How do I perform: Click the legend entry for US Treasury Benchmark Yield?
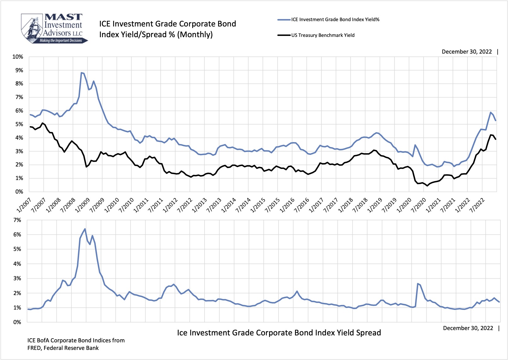(x=322, y=35)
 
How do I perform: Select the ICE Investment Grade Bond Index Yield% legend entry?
(x=335, y=20)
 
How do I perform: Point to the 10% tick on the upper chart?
(x=18, y=57)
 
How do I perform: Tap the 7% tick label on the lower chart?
(x=17, y=220)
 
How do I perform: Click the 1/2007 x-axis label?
(x=24, y=205)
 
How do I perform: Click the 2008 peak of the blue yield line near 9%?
(x=82, y=73)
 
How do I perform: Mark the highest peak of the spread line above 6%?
(x=85, y=229)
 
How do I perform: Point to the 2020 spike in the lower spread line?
(x=418, y=284)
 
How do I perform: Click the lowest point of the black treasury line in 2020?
(x=427, y=186)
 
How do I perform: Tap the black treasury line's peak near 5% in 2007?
(x=42, y=123)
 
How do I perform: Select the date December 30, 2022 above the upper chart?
(x=466, y=52)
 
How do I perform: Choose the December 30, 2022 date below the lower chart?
(x=468, y=328)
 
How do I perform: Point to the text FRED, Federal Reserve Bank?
(x=63, y=348)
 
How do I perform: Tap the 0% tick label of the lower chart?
(x=17, y=322)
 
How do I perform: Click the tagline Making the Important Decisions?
(x=61, y=41)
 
